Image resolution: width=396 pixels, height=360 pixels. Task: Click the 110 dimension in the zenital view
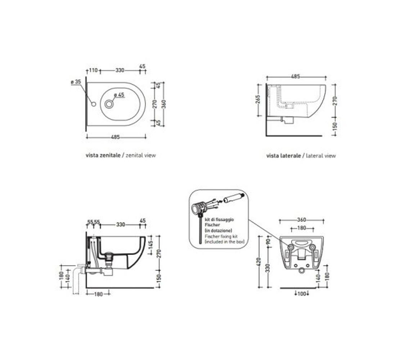tap(93, 70)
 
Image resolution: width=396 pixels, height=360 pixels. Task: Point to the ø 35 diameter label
tap(76, 82)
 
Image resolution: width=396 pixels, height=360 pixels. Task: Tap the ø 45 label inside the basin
tap(119, 95)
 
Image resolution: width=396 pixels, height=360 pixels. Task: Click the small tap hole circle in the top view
tap(94, 104)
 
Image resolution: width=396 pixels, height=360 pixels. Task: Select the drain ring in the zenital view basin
tap(109, 104)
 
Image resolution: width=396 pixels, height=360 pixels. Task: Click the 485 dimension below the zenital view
tap(116, 137)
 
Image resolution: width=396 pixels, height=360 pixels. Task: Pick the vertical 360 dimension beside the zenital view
tap(164, 104)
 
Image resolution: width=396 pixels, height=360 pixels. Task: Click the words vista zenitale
tap(103, 156)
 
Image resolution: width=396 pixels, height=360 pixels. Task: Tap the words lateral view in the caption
tap(321, 156)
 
